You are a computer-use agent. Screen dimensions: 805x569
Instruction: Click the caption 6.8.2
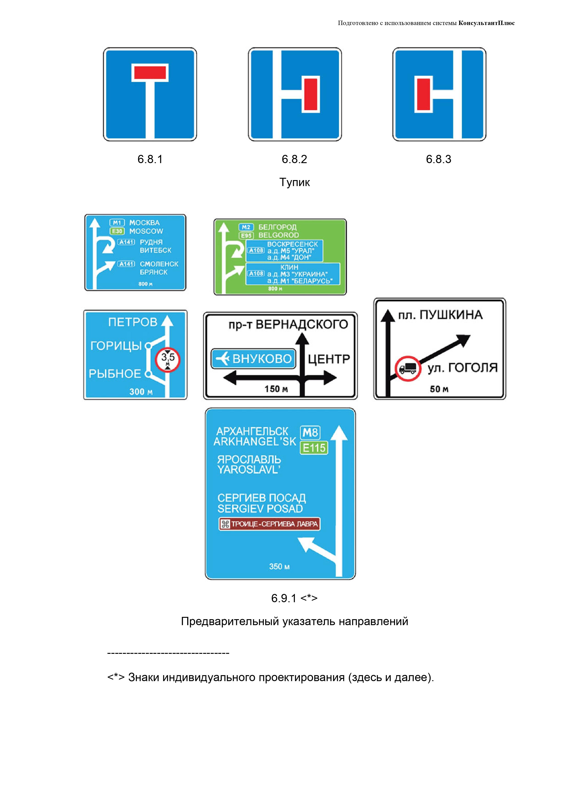point(294,159)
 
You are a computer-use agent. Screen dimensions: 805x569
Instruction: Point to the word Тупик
point(294,182)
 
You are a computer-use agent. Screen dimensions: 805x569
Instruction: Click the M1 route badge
point(117,223)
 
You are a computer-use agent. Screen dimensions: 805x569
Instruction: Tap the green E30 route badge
point(117,231)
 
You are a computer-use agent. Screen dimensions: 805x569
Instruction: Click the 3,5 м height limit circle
point(168,359)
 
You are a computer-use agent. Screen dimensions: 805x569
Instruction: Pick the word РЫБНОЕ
point(115,374)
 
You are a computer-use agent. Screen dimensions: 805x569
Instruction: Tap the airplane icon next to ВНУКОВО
point(222,359)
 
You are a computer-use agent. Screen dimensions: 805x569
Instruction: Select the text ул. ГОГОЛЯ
point(462,368)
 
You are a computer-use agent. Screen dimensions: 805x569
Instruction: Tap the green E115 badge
point(314,448)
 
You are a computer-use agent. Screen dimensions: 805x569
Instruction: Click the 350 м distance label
point(279,566)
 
